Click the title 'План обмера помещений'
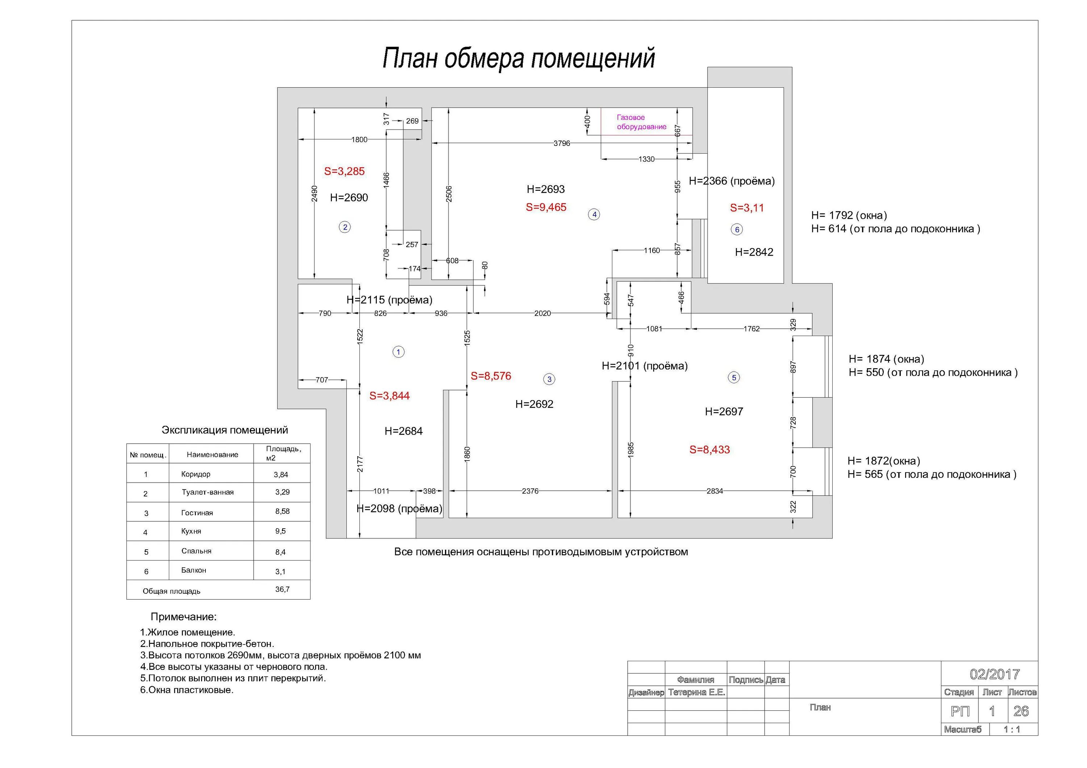pyautogui.click(x=518, y=58)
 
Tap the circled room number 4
pyautogui.click(x=594, y=214)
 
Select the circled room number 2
pyautogui.click(x=345, y=227)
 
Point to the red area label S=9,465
pyautogui.click(x=546, y=207)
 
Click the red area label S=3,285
pyautogui.click(x=344, y=171)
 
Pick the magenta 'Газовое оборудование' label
pyautogui.click(x=641, y=122)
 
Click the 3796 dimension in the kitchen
pyautogui.click(x=562, y=143)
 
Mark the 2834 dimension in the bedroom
pyautogui.click(x=715, y=491)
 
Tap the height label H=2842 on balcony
pyautogui.click(x=754, y=252)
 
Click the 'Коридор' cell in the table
pyautogui.click(x=196, y=474)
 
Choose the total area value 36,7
pyautogui.click(x=282, y=589)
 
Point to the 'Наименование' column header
pyautogui.click(x=212, y=455)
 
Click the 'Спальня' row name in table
pyautogui.click(x=196, y=551)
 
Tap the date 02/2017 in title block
pyautogui.click(x=995, y=674)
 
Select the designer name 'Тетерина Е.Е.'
pyautogui.click(x=696, y=692)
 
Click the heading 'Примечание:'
pyautogui.click(x=183, y=617)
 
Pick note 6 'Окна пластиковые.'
pyautogui.click(x=187, y=690)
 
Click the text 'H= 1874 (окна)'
pyautogui.click(x=886, y=359)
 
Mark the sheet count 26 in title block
pyautogui.click(x=1021, y=711)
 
